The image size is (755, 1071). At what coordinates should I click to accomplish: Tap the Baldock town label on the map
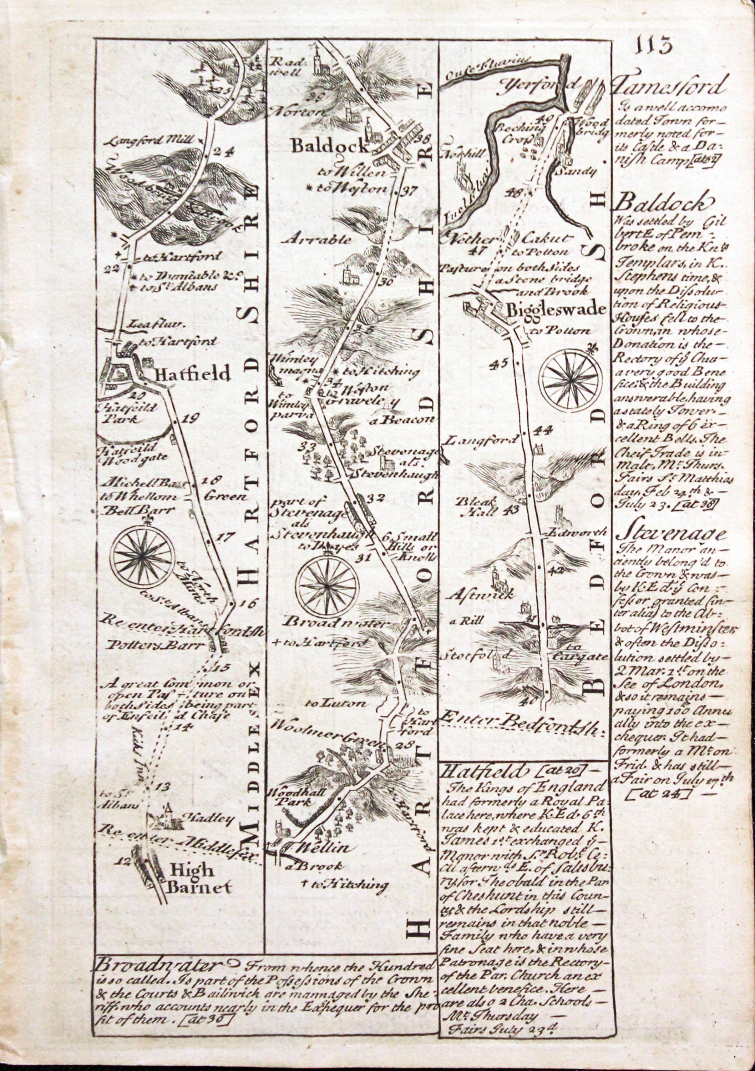coord(330,146)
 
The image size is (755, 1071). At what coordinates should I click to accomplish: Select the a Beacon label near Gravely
coord(403,420)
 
